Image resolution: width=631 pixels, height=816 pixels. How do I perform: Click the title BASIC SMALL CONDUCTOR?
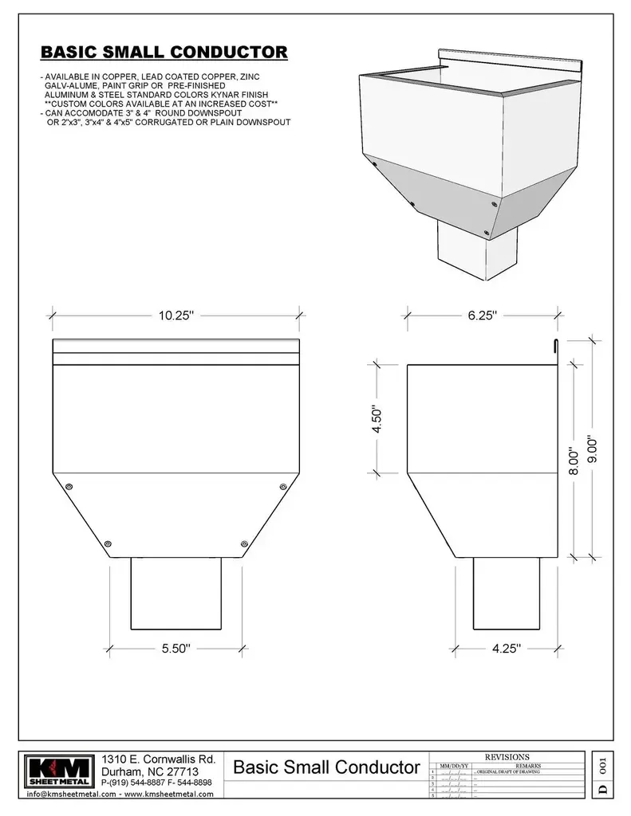click(x=164, y=53)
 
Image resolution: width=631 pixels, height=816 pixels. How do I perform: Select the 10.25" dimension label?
click(x=175, y=316)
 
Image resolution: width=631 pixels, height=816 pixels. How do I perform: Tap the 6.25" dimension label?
click(x=483, y=316)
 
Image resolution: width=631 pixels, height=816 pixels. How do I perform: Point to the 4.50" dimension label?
click(x=377, y=418)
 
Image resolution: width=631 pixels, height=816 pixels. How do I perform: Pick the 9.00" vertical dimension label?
click(x=592, y=452)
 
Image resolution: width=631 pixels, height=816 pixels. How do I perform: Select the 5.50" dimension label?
click(x=175, y=649)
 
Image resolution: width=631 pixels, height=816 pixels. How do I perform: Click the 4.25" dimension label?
click(x=506, y=649)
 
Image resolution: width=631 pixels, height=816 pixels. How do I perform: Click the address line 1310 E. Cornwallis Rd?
click(x=159, y=758)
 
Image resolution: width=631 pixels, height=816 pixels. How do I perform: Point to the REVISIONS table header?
click(x=507, y=757)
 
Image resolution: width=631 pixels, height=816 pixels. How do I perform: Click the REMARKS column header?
click(x=528, y=765)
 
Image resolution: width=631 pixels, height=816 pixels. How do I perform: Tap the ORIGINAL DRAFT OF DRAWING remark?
click(x=508, y=772)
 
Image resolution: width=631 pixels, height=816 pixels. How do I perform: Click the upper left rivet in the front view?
click(x=69, y=486)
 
